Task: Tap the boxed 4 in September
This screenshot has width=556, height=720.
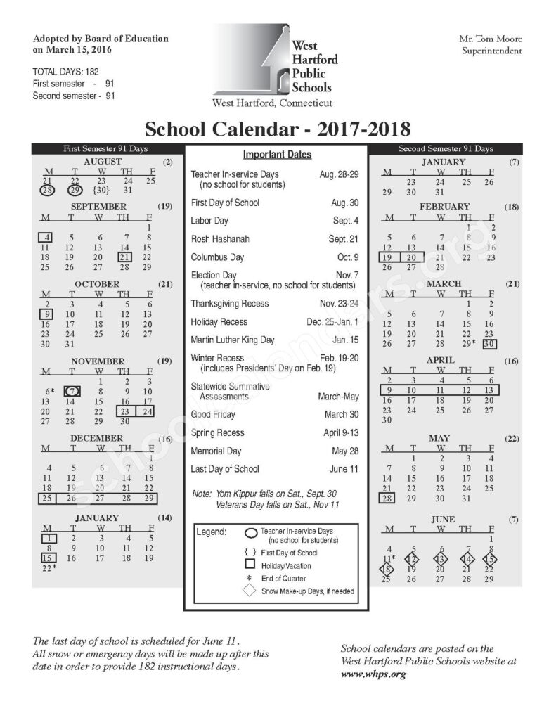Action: [44, 237]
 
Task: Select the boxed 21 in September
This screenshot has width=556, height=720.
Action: [126, 257]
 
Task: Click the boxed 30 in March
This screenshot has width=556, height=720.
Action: [489, 344]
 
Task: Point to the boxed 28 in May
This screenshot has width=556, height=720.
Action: [387, 499]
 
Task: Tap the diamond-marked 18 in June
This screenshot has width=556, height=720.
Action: [387, 569]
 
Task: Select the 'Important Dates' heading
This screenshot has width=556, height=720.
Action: [277, 155]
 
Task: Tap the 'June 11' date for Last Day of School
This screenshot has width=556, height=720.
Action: [344, 469]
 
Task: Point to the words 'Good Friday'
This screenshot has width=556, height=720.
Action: [214, 414]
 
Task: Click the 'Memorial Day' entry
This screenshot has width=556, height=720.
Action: [216, 451]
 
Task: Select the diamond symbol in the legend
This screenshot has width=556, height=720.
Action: [249, 591]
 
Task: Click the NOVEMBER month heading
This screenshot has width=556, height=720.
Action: [98, 361]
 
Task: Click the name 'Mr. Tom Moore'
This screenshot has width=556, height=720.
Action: [491, 39]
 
